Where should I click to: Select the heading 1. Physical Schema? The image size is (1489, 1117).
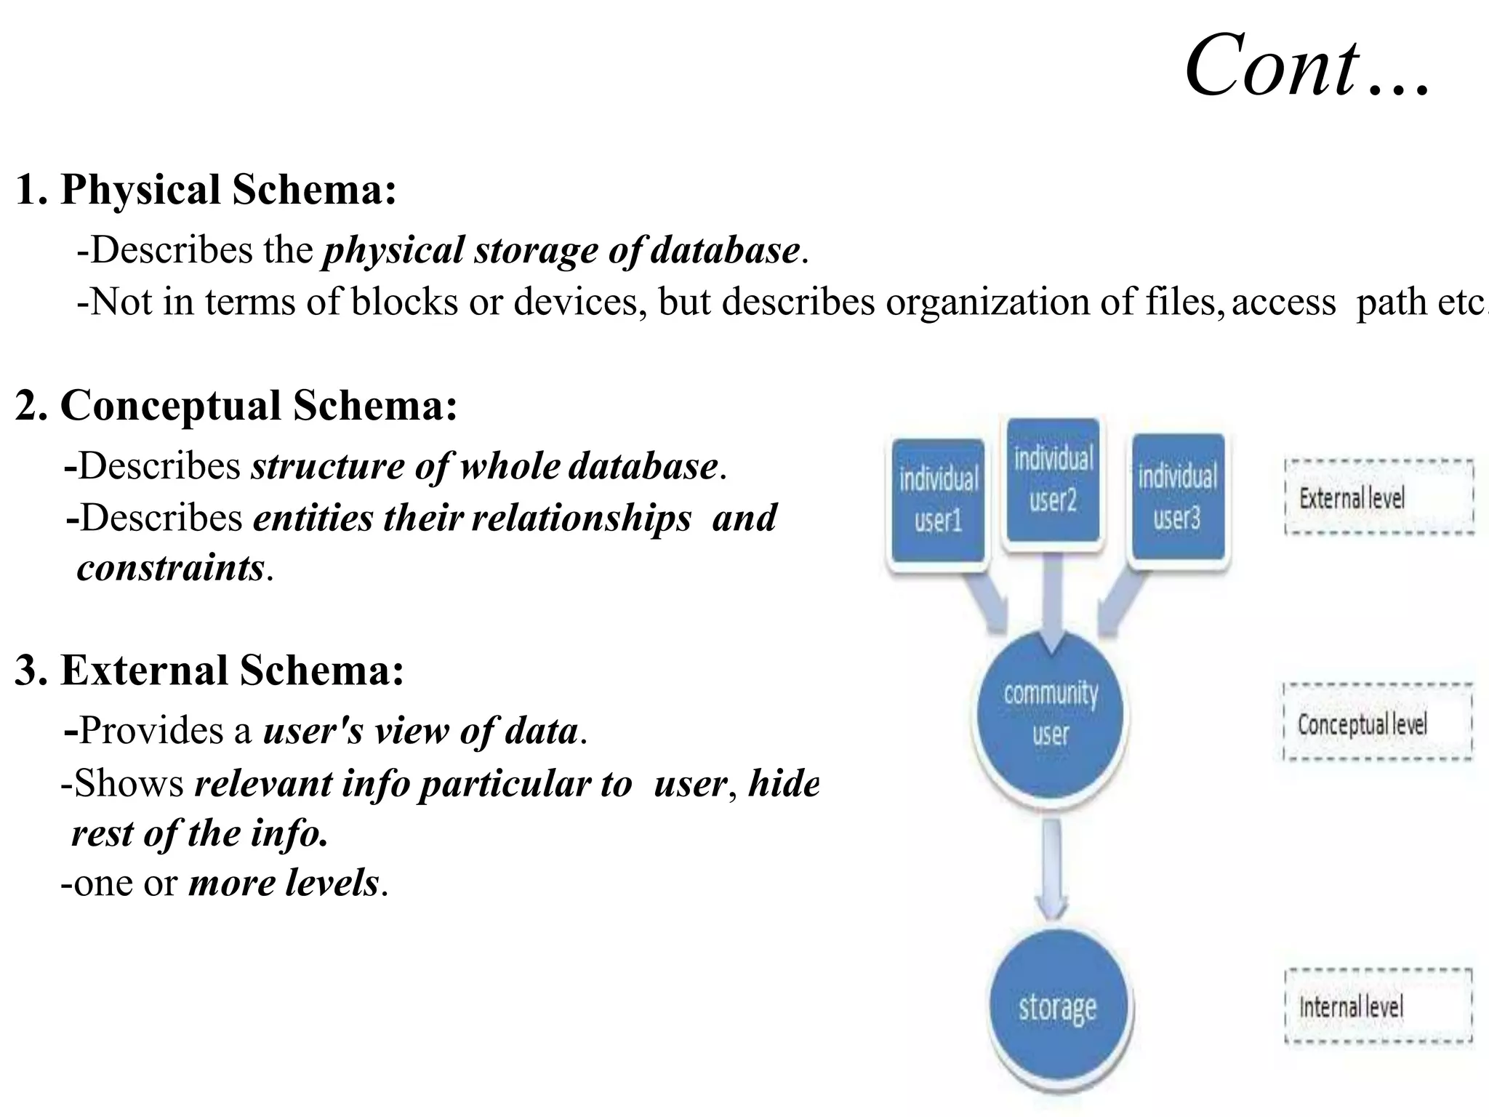[206, 190]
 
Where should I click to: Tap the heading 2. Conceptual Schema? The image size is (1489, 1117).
[236, 405]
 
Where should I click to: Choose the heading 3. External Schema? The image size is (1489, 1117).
[209, 670]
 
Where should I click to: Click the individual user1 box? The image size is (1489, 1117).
[938, 500]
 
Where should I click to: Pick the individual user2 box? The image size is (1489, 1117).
[1053, 480]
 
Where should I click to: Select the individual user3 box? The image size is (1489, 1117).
[1178, 497]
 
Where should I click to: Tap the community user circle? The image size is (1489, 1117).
[1051, 713]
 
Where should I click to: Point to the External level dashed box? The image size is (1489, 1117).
[1378, 498]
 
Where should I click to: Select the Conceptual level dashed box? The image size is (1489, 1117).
[1377, 723]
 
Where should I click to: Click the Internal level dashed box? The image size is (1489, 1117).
[1378, 1006]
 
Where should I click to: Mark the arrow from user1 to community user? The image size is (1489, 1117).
[984, 598]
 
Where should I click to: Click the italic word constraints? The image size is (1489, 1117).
[170, 568]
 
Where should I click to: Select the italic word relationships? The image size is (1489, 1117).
[581, 519]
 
